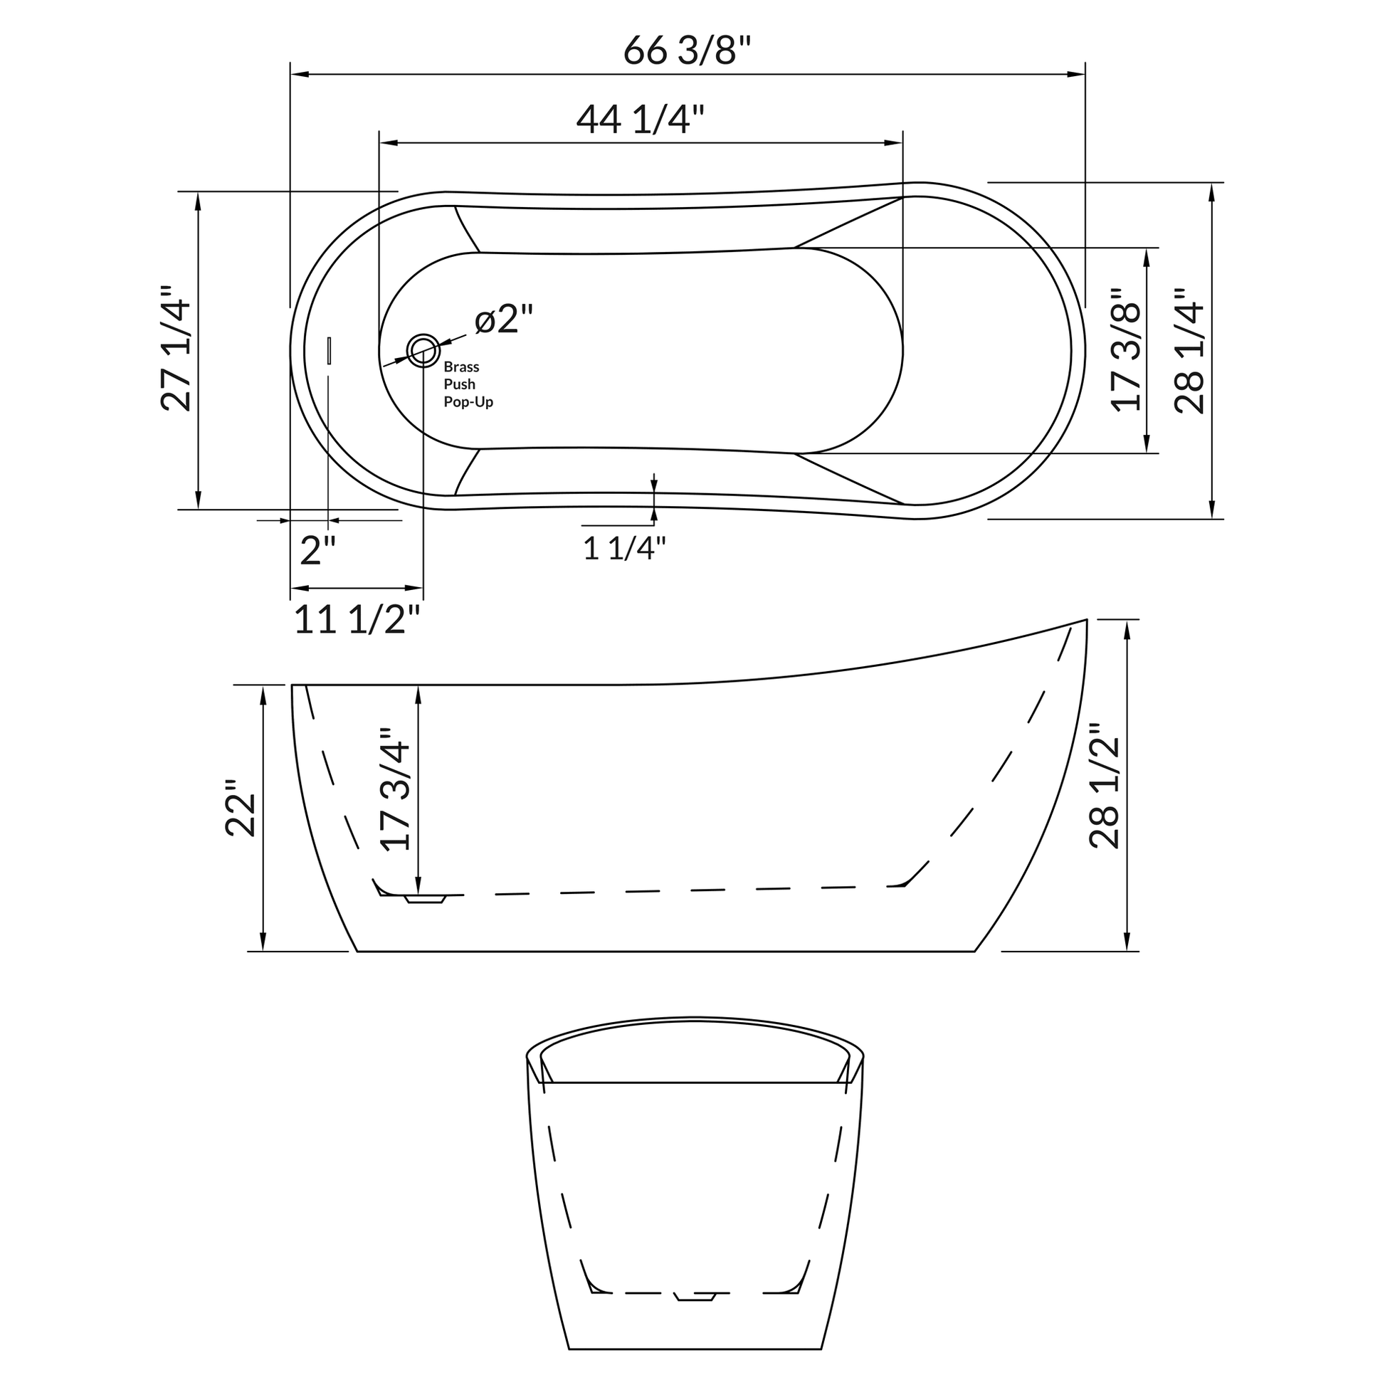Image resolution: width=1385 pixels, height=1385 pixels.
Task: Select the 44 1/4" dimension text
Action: pos(640,119)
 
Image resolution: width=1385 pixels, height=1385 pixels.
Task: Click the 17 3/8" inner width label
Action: pos(1126,349)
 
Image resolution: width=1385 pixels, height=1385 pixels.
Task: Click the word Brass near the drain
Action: pos(461,367)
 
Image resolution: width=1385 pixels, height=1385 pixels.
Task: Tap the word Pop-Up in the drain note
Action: pos(468,402)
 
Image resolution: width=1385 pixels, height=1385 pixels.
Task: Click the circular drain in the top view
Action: pos(423,351)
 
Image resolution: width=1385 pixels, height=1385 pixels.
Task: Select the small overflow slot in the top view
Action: pos(329,351)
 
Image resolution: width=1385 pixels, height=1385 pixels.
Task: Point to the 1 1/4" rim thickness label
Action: pos(624,549)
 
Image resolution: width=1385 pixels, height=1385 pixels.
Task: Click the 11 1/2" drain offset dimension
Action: pos(357,620)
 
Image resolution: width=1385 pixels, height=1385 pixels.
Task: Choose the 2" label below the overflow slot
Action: pos(317,552)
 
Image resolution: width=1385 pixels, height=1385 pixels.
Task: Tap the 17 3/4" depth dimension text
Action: pos(396,789)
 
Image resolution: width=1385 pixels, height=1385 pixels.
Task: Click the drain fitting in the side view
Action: pos(426,899)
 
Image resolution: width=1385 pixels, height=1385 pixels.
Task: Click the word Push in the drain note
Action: pos(459,384)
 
